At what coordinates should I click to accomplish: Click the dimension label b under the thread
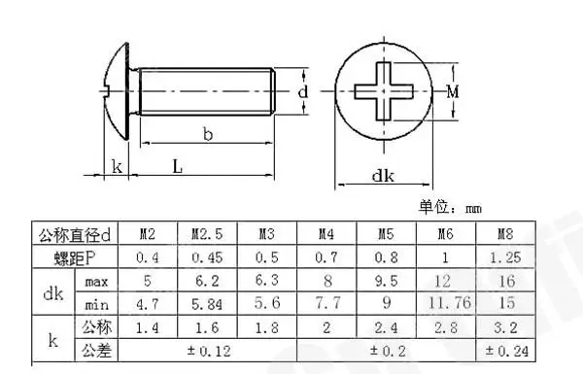click(x=208, y=134)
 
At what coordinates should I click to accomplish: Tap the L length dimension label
click(x=178, y=166)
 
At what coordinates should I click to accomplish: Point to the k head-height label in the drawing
click(x=117, y=166)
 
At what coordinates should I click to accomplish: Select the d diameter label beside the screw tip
click(x=303, y=91)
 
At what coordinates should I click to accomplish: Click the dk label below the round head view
click(x=383, y=176)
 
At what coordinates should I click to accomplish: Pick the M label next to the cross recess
click(x=453, y=91)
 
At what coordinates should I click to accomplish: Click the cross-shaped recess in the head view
click(x=384, y=91)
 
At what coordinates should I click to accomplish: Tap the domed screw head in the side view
click(x=116, y=91)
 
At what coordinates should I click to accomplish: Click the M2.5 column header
click(x=207, y=234)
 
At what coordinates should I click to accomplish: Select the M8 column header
click(x=505, y=234)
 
